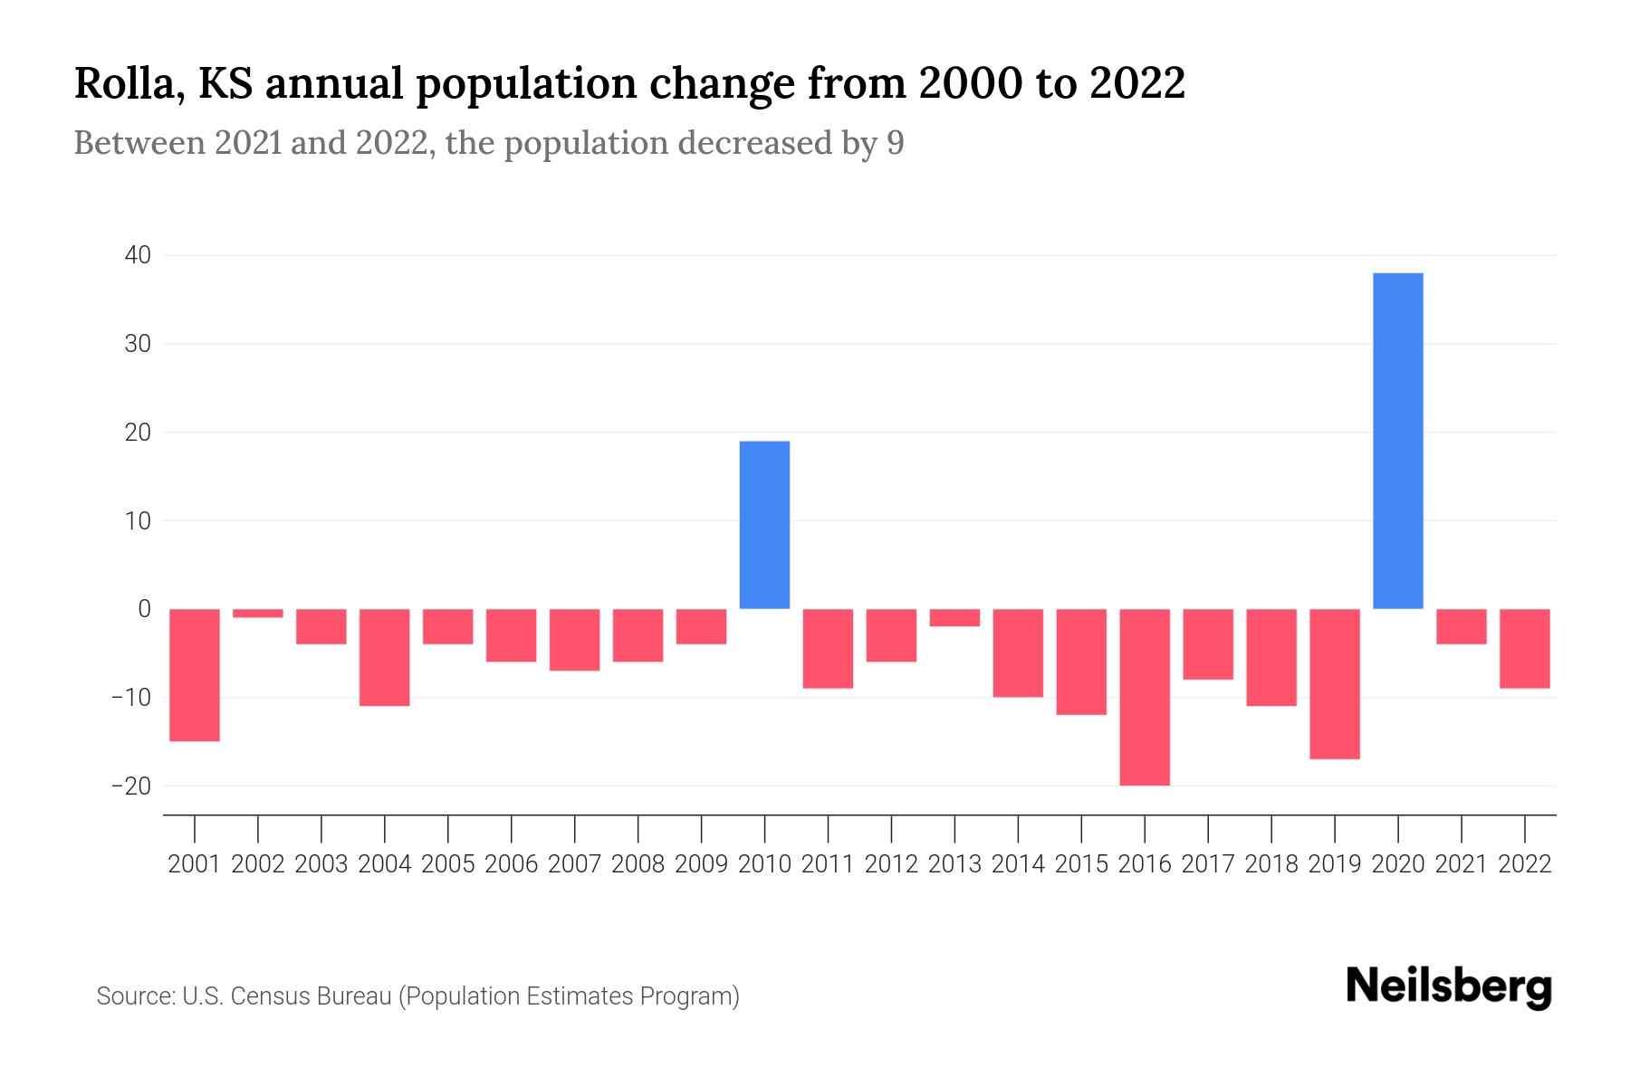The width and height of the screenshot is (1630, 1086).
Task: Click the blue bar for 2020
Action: (x=1397, y=441)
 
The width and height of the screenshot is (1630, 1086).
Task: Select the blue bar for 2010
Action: (x=764, y=525)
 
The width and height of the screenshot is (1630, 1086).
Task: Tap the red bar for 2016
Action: (x=1145, y=697)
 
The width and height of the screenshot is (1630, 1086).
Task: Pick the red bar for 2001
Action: (x=195, y=675)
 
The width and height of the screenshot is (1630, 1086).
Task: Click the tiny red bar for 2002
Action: (x=258, y=614)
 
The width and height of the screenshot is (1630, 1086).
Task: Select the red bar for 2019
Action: (x=1334, y=684)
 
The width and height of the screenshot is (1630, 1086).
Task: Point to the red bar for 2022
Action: (x=1524, y=649)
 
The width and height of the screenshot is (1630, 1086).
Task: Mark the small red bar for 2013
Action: (x=954, y=617)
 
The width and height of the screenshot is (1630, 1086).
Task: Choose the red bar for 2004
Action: (x=385, y=657)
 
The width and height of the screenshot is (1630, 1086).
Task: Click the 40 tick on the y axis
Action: (x=138, y=256)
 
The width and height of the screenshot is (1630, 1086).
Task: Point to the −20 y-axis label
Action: (x=131, y=786)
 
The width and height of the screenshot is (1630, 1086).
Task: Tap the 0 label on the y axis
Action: (x=144, y=609)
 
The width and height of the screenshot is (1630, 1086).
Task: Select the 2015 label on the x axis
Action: (x=1081, y=864)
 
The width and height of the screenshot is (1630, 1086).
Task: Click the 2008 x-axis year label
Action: (x=638, y=864)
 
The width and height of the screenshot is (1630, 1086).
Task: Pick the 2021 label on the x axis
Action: (x=1461, y=864)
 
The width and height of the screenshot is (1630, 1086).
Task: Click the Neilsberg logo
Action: (x=1449, y=987)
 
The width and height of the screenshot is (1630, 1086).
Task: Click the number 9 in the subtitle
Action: (x=895, y=143)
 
